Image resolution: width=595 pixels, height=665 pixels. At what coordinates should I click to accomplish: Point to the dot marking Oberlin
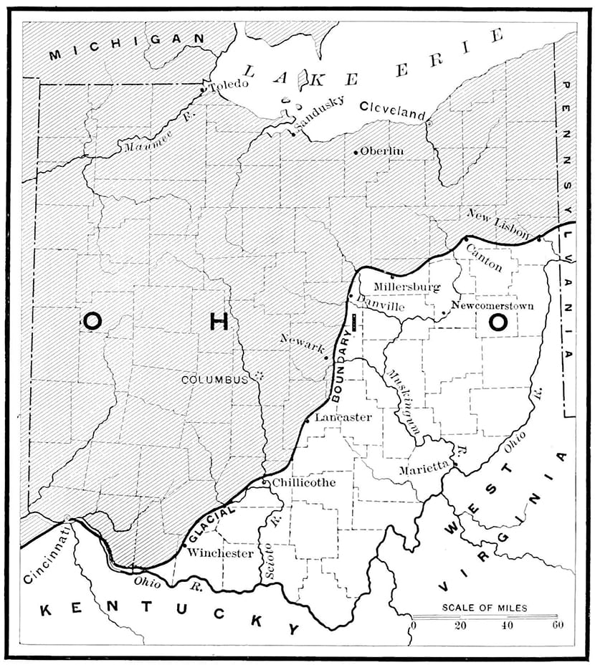pos(356,153)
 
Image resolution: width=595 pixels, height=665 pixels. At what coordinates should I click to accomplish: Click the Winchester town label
pos(220,553)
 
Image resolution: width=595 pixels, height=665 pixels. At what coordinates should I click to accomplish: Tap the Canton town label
pos(484,256)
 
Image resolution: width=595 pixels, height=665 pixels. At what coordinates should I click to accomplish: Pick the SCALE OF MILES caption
pos(484,608)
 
